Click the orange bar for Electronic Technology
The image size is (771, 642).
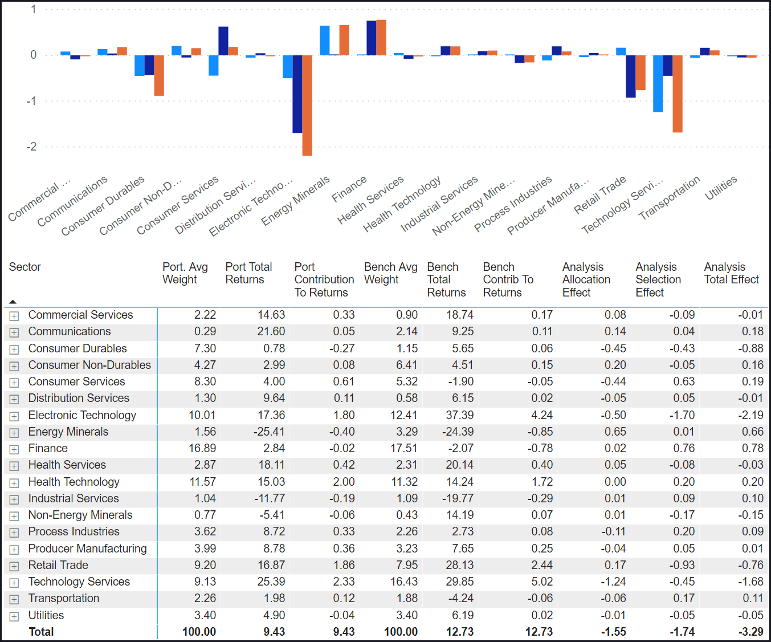pyautogui.click(x=307, y=105)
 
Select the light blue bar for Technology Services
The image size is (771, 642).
pyautogui.click(x=658, y=83)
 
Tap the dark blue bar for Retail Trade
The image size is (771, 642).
pyautogui.click(x=630, y=76)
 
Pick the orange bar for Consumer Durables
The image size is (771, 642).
pyautogui.click(x=159, y=75)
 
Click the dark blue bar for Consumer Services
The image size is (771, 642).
pyautogui.click(x=223, y=41)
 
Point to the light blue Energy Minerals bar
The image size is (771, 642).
pyautogui.click(x=325, y=40)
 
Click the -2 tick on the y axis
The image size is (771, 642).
pyautogui.click(x=31, y=147)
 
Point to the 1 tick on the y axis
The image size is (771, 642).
pyautogui.click(x=34, y=9)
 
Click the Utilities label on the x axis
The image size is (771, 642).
pyautogui.click(x=721, y=188)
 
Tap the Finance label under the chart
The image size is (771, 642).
pyautogui.click(x=349, y=189)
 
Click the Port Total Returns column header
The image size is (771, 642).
pyautogui.click(x=248, y=273)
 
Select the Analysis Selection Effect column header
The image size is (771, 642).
pyautogui.click(x=658, y=279)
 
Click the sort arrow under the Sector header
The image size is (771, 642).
pyautogui.click(x=13, y=302)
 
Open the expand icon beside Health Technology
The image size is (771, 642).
pyautogui.click(x=14, y=483)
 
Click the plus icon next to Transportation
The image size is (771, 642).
pyautogui.click(x=14, y=599)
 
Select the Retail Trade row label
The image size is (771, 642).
pyautogui.click(x=58, y=565)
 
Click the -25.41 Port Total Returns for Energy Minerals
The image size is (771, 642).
pyautogui.click(x=270, y=432)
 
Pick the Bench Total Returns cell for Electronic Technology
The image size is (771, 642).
pyautogui.click(x=459, y=415)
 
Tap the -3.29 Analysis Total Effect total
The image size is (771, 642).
pyautogui.click(x=747, y=632)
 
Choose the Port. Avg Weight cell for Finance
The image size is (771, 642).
pyautogui.click(x=202, y=448)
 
